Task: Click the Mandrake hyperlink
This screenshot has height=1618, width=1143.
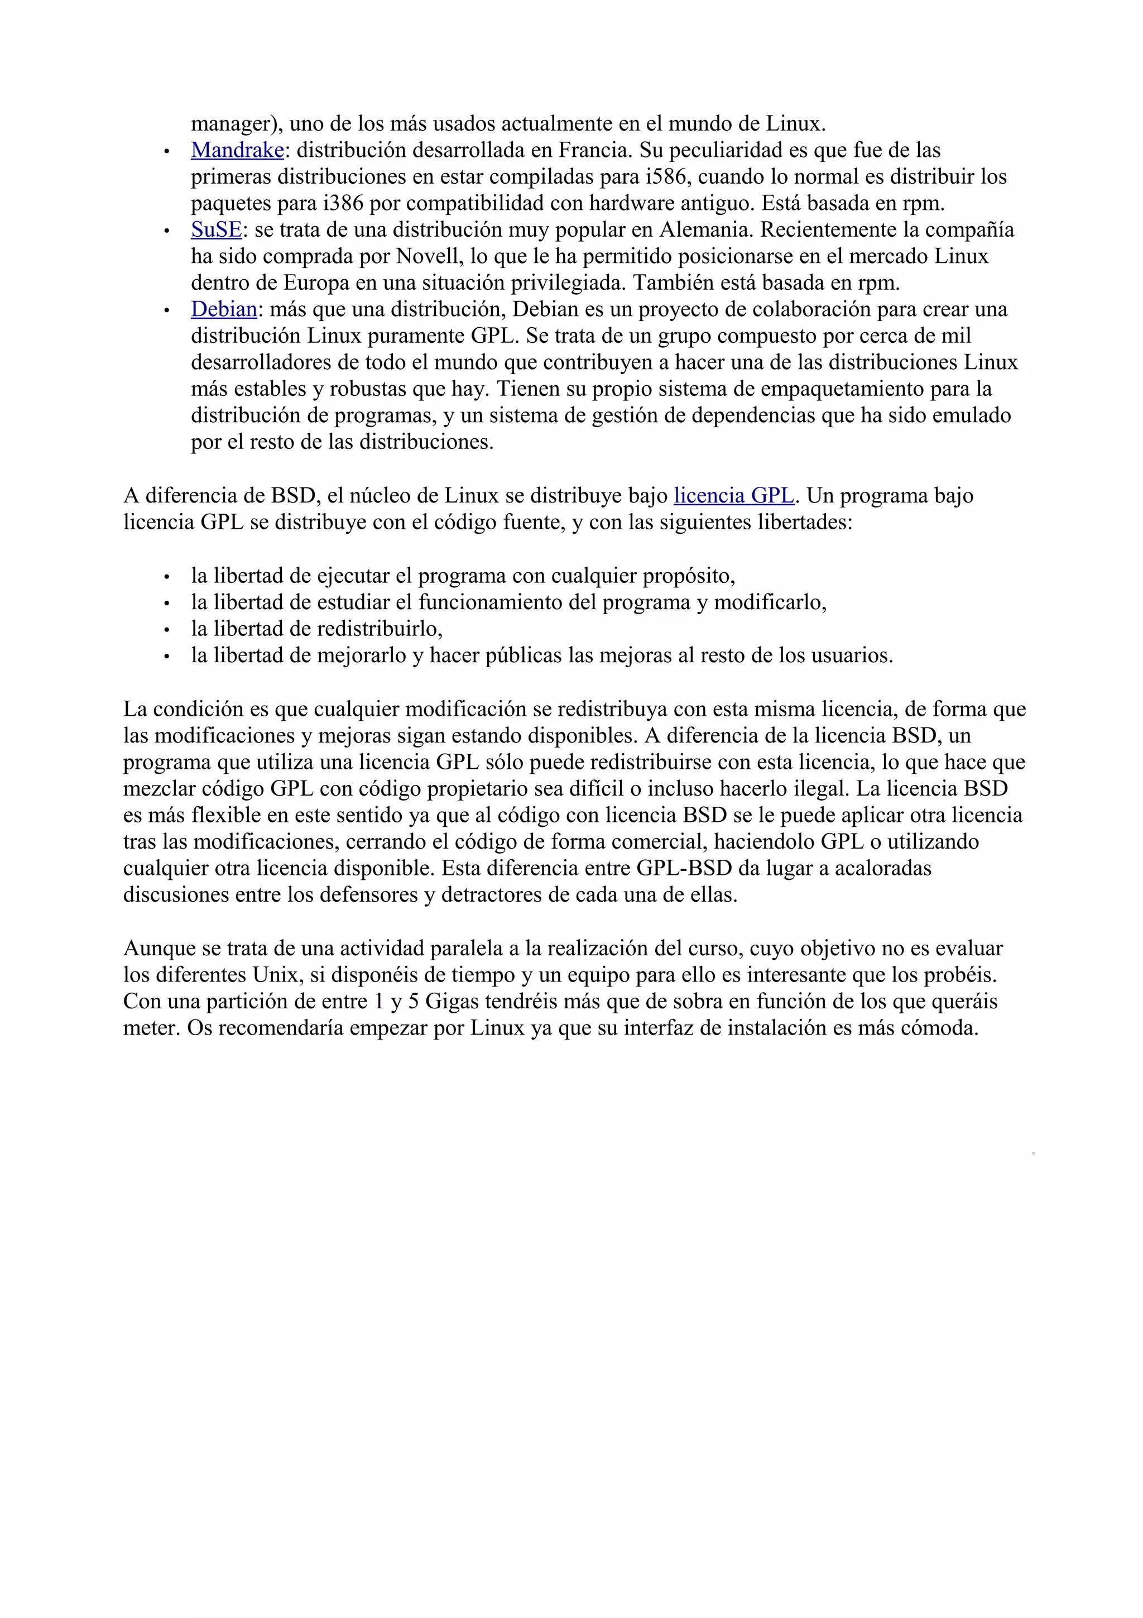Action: [237, 150]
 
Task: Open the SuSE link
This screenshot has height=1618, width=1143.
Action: [216, 229]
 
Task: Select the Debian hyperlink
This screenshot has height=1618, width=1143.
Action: [224, 309]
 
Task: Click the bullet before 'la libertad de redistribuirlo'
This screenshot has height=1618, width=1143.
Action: [167, 630]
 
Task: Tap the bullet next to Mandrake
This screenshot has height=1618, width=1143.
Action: [167, 151]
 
